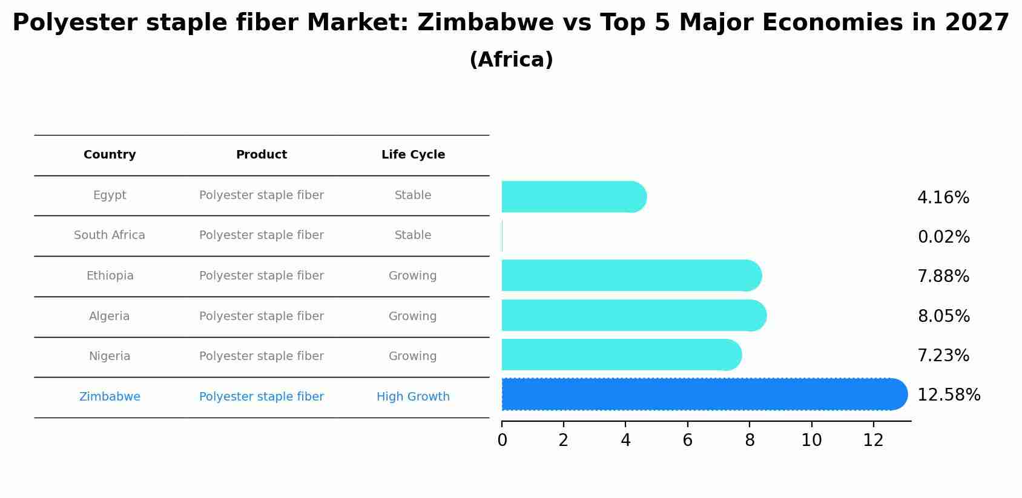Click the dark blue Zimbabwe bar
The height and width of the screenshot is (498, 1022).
click(702, 395)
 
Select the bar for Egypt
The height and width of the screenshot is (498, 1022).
click(572, 197)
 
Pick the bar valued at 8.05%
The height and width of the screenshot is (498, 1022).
click(633, 315)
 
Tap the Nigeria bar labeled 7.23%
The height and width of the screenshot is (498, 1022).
click(621, 355)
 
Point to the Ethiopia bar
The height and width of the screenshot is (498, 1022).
click(630, 275)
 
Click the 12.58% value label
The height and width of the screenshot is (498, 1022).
click(948, 395)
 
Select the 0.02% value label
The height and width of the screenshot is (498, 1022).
click(943, 237)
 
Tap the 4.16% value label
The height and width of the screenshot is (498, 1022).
click(943, 198)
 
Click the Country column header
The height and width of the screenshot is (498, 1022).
click(110, 155)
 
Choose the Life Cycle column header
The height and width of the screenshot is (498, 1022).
click(413, 155)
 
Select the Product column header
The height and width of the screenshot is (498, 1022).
click(262, 155)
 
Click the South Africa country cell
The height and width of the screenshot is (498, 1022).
click(110, 235)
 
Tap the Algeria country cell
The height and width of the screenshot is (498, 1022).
click(110, 316)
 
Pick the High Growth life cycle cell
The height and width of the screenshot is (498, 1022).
click(413, 397)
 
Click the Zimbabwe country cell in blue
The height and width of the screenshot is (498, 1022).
click(110, 397)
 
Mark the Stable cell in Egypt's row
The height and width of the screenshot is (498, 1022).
click(413, 195)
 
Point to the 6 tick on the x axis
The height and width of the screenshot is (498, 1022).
click(687, 441)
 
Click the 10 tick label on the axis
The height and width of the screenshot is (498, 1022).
click(811, 441)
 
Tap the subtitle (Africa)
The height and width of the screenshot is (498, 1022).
click(511, 60)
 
